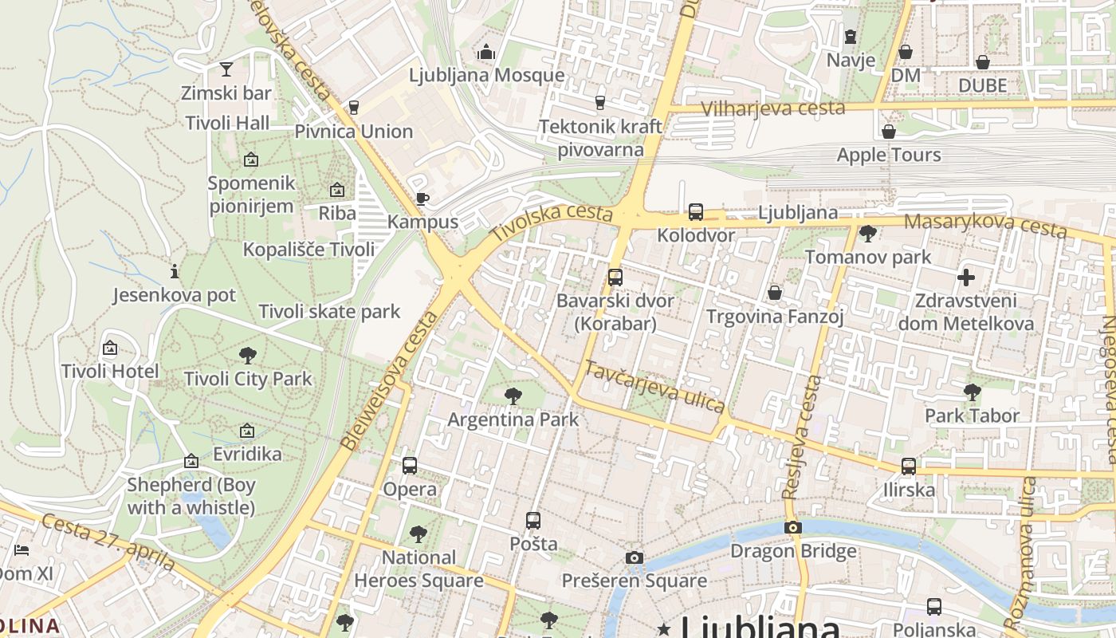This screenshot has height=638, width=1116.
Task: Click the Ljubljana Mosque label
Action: tap(486, 76)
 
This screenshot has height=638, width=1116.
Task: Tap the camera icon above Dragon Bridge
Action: tap(792, 527)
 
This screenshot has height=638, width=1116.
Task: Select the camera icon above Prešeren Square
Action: tap(634, 557)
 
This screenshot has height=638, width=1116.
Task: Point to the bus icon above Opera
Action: tap(410, 466)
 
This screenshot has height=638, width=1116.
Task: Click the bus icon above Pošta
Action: tap(533, 521)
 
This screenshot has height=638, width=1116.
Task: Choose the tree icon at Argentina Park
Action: tap(513, 396)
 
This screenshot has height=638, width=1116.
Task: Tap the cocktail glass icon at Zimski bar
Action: tap(226, 69)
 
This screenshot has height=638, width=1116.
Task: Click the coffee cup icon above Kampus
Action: tap(422, 199)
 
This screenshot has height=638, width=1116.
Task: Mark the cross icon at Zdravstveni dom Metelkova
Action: tap(966, 278)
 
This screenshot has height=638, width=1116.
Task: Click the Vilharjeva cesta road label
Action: tap(772, 108)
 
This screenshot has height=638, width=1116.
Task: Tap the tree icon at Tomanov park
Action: tap(868, 234)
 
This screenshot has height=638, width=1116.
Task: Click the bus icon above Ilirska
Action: tap(909, 467)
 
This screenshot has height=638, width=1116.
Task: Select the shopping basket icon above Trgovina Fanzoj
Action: tap(775, 293)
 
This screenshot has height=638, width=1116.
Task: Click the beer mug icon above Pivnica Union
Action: tap(354, 108)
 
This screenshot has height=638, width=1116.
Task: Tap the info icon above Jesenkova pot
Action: tap(174, 271)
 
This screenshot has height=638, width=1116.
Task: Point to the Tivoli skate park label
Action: tap(329, 311)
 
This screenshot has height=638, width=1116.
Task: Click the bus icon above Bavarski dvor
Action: tap(615, 278)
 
